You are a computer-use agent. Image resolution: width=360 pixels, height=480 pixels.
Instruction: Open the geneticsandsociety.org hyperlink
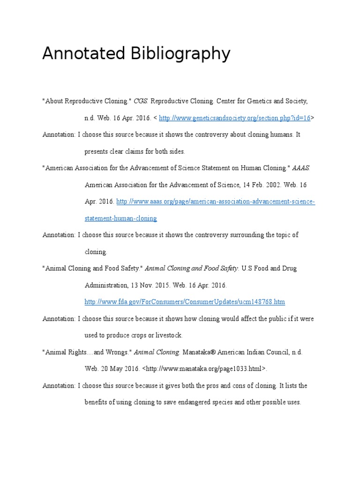coord(235,118)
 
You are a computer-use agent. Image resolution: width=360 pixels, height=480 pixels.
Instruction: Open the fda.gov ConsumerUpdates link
coord(185,302)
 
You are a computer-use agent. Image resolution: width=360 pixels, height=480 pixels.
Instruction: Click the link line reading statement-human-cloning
coord(120,218)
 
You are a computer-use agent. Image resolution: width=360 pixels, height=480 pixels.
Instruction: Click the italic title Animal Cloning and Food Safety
coord(192,269)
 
